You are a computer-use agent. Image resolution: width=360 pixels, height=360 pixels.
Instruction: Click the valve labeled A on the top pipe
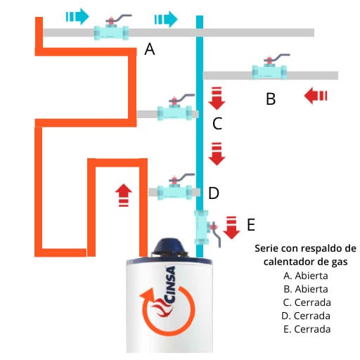[x=111, y=32]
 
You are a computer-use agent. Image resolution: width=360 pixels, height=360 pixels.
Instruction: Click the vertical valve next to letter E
[x=202, y=226]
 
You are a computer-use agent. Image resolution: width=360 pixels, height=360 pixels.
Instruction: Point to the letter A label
[x=149, y=49]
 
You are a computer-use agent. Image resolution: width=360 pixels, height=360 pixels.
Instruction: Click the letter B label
[x=271, y=99]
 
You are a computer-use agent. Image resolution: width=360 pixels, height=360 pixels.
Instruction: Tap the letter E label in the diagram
[x=251, y=225]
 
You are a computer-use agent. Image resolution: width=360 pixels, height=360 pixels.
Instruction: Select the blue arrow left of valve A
[x=77, y=15]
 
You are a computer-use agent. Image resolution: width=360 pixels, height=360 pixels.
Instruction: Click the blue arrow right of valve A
[x=166, y=18]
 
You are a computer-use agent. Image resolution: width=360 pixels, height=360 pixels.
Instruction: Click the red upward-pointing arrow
[x=123, y=194]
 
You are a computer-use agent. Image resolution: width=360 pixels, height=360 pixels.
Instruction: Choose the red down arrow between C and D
[x=217, y=153]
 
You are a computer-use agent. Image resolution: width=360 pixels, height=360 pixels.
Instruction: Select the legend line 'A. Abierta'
[x=304, y=275]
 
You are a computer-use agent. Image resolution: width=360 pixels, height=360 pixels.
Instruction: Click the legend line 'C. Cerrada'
[x=304, y=302]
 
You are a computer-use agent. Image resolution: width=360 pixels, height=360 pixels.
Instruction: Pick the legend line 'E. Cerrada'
[x=304, y=329]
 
